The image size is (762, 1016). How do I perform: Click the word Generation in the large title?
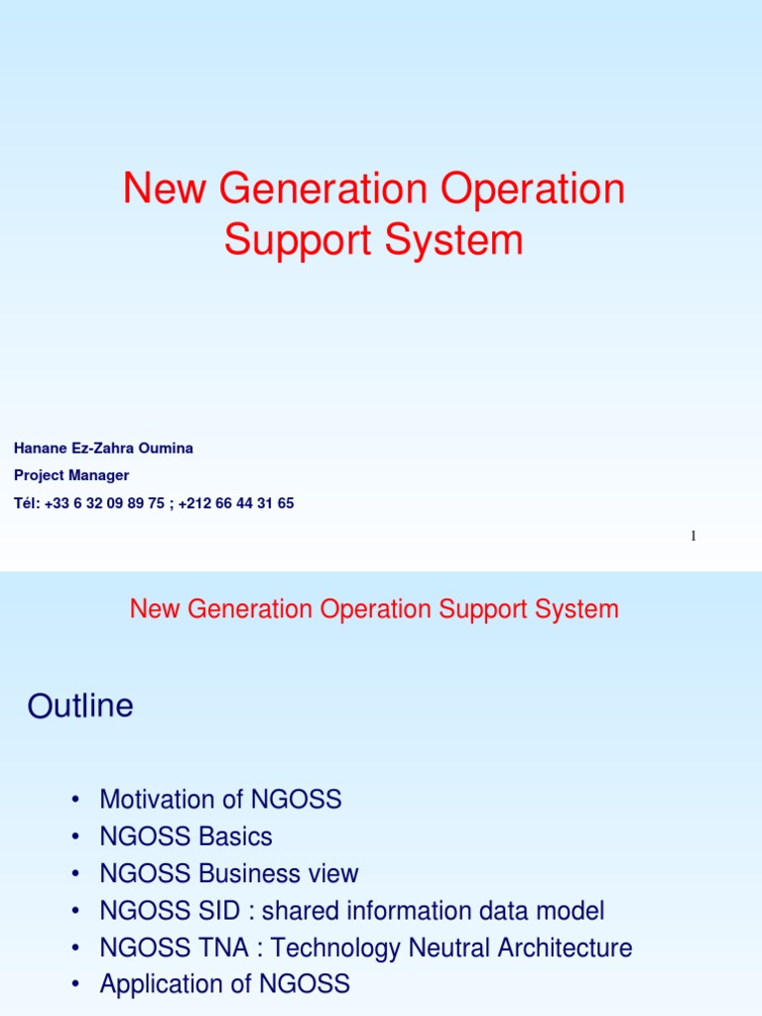pos(322,190)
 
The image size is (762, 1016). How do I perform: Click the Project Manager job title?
pos(71,475)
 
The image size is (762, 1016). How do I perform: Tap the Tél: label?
pos(27,503)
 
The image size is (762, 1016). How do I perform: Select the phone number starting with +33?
pos(104,503)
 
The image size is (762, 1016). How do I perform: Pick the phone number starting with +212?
pos(236,503)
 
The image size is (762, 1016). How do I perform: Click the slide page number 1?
pos(694,536)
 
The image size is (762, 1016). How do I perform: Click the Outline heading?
pos(80,705)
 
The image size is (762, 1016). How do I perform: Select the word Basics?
pos(235,836)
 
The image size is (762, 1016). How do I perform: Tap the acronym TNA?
pos(223,948)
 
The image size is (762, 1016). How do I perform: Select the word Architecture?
pos(565,948)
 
